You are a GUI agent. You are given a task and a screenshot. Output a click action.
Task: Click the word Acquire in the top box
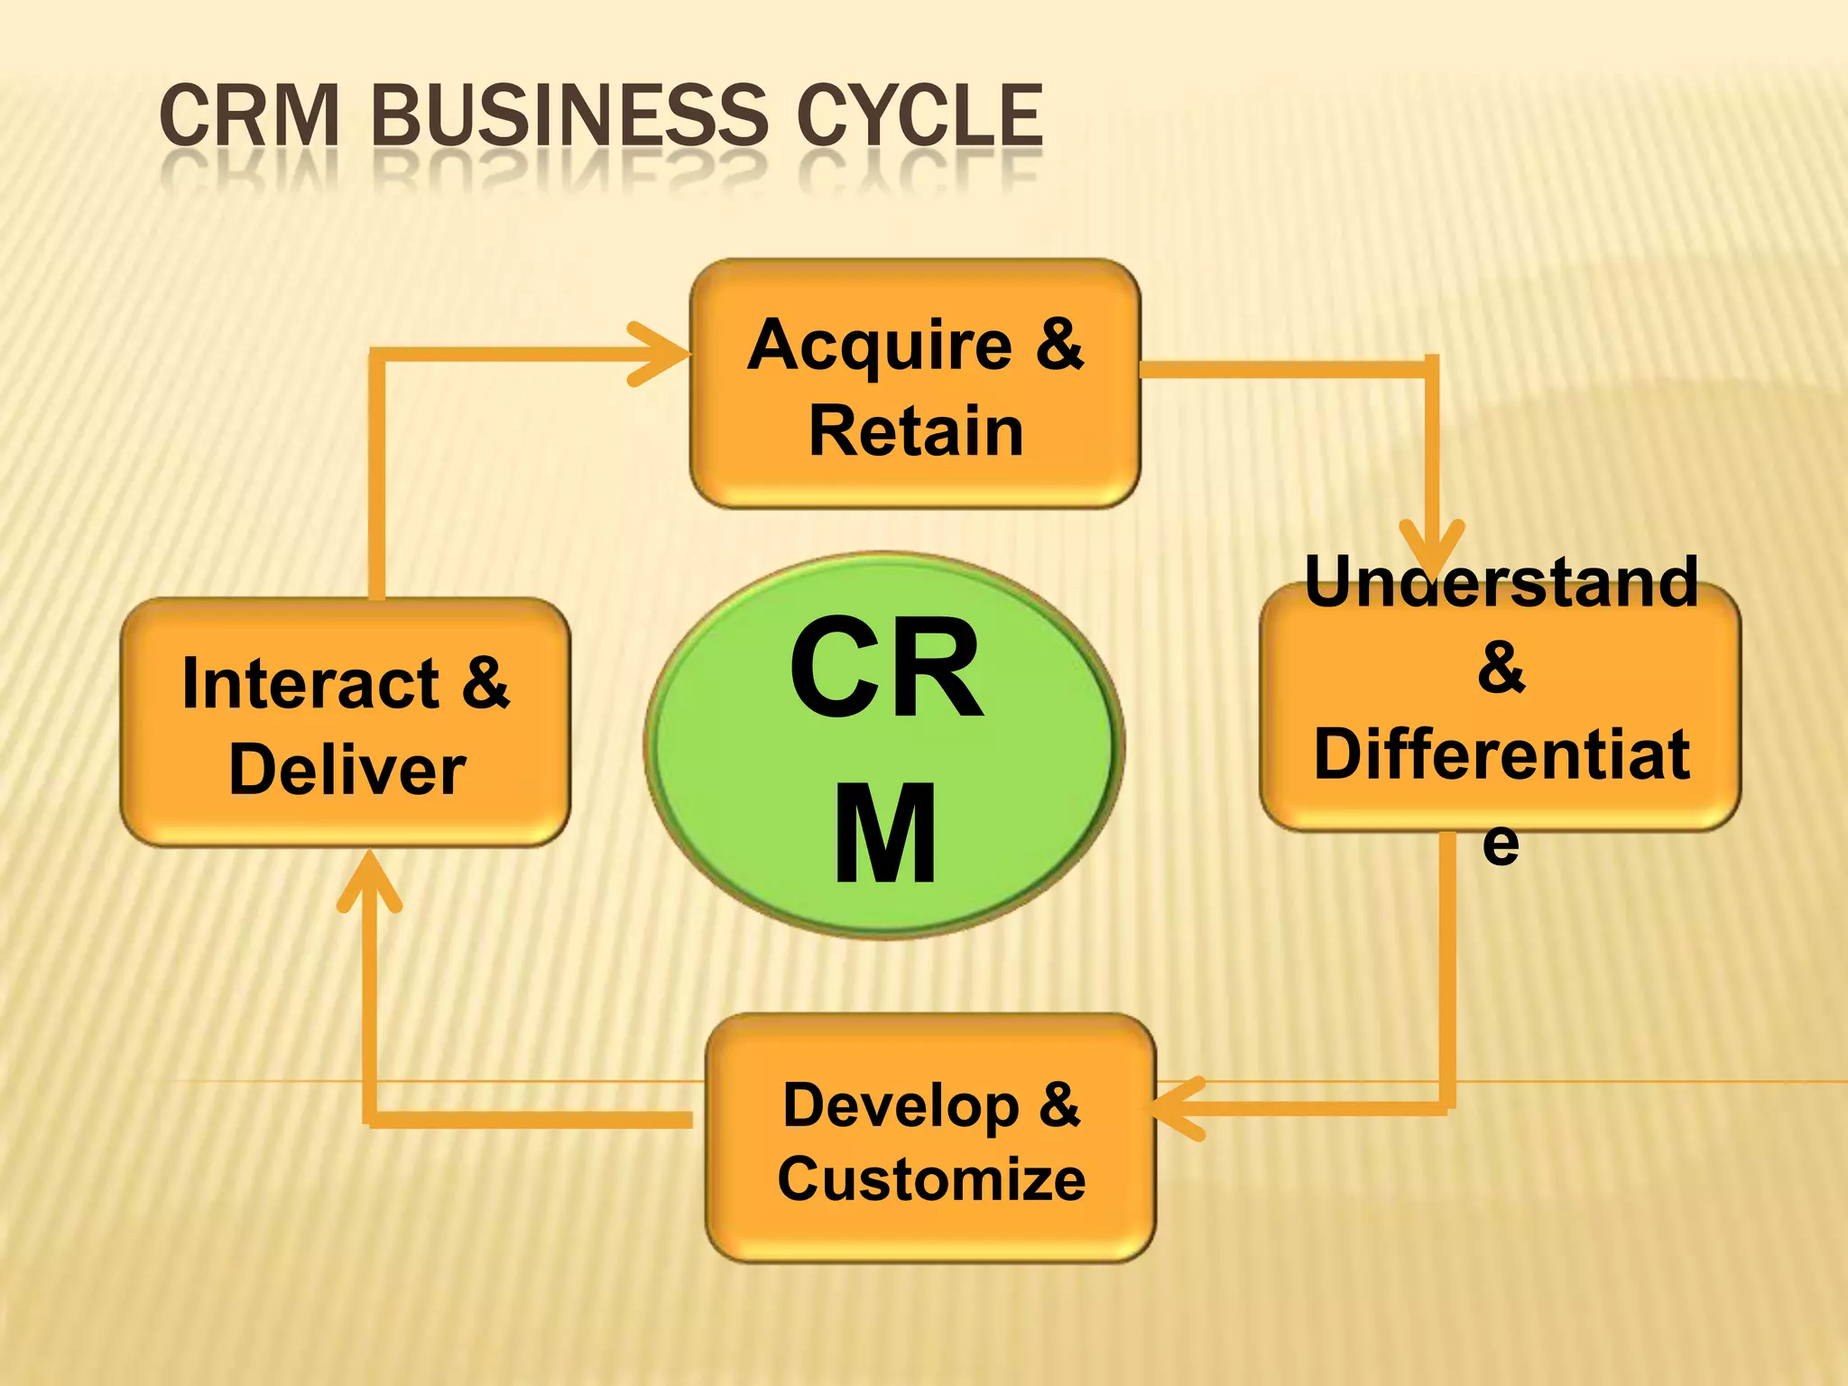(x=880, y=347)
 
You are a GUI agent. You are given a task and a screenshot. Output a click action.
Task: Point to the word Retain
(x=916, y=431)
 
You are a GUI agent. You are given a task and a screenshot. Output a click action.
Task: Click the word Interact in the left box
(x=310, y=684)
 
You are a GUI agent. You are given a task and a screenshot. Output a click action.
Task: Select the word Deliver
(x=347, y=771)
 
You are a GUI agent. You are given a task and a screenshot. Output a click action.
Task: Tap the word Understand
(x=1501, y=583)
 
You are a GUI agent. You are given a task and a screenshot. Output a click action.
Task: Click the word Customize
(x=931, y=1180)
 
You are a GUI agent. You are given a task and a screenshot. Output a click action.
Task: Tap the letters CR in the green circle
(x=886, y=668)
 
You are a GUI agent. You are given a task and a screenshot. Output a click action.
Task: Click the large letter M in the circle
(x=884, y=835)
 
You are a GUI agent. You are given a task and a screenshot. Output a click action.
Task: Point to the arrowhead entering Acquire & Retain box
(x=663, y=354)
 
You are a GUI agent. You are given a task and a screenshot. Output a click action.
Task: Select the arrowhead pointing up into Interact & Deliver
(x=369, y=880)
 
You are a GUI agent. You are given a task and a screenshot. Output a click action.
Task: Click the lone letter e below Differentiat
(x=1501, y=843)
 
